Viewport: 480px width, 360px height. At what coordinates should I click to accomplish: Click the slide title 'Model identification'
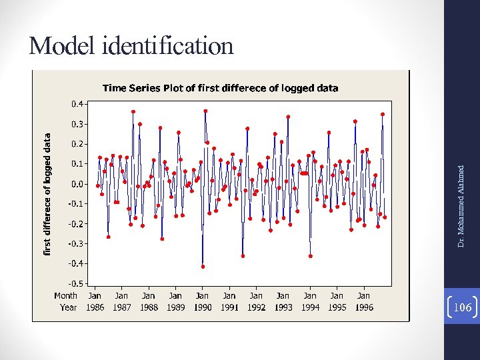point(131,45)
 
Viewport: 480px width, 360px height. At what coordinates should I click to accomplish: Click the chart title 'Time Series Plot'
point(219,87)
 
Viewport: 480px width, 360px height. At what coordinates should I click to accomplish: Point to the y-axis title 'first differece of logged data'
point(47,193)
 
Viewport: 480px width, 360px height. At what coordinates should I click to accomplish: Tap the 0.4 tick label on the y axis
point(77,104)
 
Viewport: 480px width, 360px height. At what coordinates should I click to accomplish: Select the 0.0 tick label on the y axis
point(77,184)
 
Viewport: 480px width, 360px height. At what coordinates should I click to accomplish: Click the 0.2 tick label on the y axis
point(77,144)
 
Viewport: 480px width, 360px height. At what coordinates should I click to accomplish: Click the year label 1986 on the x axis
point(95,307)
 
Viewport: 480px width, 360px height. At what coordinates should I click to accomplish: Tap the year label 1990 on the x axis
point(203,307)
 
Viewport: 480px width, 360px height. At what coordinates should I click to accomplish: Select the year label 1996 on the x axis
point(364,307)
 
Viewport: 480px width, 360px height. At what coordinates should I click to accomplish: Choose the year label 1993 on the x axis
point(283,307)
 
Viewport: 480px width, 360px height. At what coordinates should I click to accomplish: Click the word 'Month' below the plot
point(65,295)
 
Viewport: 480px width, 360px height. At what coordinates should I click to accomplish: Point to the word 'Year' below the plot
point(68,307)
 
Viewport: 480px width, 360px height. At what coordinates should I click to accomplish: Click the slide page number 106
point(461,307)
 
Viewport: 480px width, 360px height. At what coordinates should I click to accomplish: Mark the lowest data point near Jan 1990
point(203,267)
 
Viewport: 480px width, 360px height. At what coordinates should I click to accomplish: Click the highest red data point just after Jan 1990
point(205,111)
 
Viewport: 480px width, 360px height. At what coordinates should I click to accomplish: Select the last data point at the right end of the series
point(385,217)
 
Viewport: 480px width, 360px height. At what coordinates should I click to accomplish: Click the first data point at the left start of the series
point(97,185)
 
